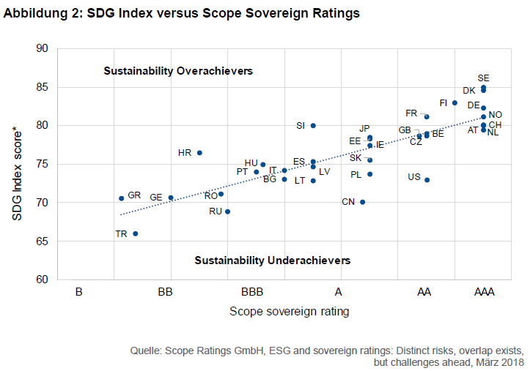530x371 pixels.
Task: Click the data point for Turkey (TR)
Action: (x=135, y=233)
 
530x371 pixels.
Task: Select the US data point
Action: (x=427, y=180)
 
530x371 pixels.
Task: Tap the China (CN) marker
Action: (x=362, y=202)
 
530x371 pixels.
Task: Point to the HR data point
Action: (x=199, y=153)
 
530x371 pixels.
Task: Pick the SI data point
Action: (x=313, y=126)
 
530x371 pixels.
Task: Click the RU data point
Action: (x=228, y=211)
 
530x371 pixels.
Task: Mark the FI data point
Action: (x=455, y=103)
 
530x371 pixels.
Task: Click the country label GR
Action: (x=134, y=195)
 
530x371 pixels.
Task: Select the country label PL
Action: (x=356, y=175)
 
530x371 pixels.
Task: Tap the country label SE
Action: (x=483, y=78)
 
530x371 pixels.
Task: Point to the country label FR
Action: (x=411, y=113)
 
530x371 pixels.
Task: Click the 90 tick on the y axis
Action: (x=42, y=49)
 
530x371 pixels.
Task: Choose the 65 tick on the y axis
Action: (x=42, y=241)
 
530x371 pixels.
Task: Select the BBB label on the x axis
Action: (x=251, y=292)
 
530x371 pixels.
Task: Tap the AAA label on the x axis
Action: (x=484, y=292)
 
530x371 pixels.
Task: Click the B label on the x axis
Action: (x=78, y=292)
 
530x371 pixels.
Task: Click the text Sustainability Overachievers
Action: (x=178, y=72)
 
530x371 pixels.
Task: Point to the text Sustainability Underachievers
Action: (x=272, y=261)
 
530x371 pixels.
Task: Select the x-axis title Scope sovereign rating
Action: (x=289, y=312)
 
